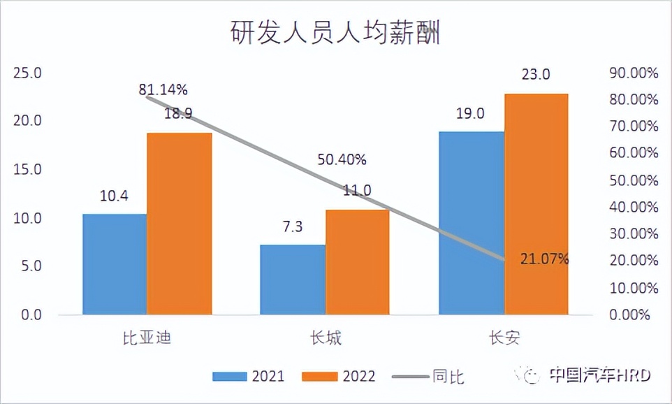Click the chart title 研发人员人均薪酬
point(335,33)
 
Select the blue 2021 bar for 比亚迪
point(115,264)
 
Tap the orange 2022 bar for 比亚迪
point(180,224)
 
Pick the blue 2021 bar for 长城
point(293,280)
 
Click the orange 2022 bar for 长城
point(358,262)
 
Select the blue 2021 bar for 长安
point(472,223)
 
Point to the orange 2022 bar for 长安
point(536,204)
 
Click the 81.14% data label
point(163,89)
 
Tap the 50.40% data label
point(342,159)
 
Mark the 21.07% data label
point(545,259)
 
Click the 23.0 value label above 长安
point(536,74)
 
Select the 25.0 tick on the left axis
point(28,73)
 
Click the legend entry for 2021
point(249,376)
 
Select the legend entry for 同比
point(428,376)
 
